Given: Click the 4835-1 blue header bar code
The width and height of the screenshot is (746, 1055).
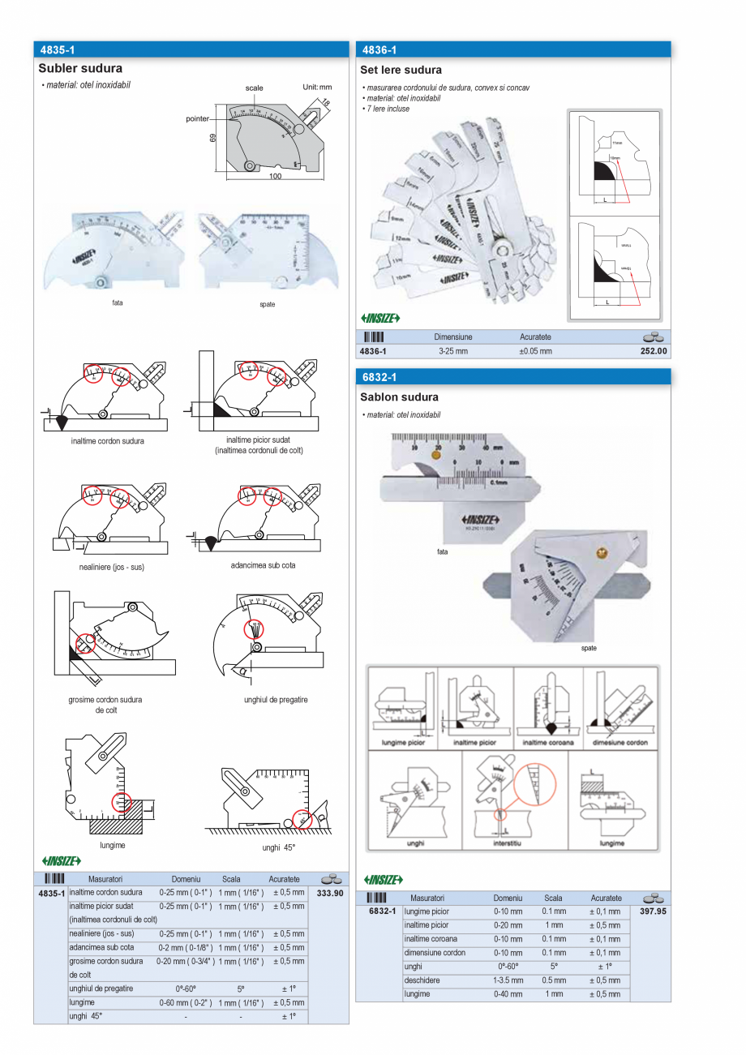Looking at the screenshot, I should (56, 50).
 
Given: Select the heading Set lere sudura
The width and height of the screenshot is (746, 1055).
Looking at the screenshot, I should (401, 71).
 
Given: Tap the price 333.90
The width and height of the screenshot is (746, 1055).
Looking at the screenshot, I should (330, 893).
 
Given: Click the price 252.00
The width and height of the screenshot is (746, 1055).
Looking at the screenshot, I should (654, 351).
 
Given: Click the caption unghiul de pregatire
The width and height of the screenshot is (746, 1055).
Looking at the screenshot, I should (276, 700).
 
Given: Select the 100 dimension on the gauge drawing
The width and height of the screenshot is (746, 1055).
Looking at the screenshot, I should (276, 177).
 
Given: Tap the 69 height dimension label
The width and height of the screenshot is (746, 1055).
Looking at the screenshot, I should (213, 139).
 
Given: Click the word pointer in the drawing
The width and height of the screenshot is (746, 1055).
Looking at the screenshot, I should (198, 118).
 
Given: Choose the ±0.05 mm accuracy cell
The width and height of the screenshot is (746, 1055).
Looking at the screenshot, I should (535, 351).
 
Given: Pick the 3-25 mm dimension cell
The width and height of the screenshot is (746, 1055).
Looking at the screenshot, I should (452, 351).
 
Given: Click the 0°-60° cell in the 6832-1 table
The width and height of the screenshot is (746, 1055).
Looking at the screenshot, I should (507, 967).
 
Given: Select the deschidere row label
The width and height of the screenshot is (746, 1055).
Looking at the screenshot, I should (421, 980).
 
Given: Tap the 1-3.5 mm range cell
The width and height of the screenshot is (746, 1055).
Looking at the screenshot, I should (508, 980).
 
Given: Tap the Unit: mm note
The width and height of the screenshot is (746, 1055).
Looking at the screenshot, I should (317, 87).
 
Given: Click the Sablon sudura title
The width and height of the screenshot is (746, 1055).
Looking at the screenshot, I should (399, 397).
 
